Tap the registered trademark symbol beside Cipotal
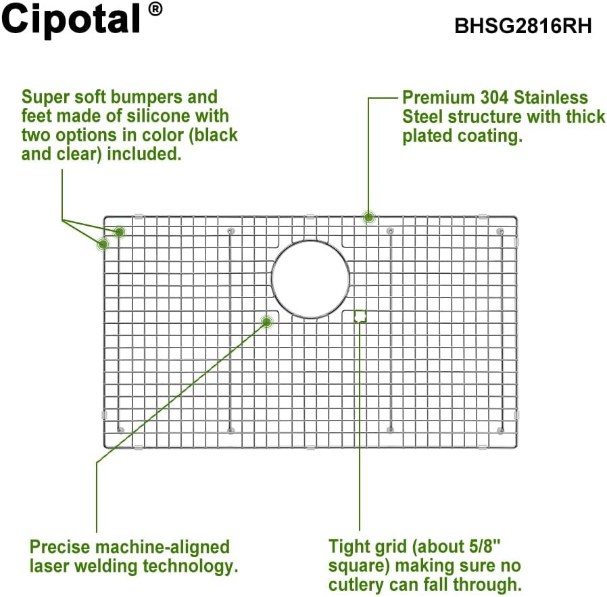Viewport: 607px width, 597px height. [x=155, y=9]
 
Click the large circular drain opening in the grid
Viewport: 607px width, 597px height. [x=310, y=278]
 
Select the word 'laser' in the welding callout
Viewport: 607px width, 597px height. [x=51, y=565]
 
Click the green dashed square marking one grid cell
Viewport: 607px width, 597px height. [x=360, y=316]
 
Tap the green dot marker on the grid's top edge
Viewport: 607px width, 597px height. [x=368, y=217]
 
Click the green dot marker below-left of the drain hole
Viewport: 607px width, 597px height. [x=267, y=323]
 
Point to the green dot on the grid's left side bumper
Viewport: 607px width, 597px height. [x=103, y=244]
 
